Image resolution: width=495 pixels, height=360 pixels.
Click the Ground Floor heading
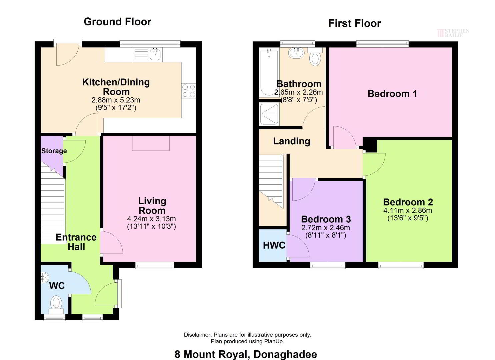(x=117, y=22)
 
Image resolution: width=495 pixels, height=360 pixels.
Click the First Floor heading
(x=354, y=23)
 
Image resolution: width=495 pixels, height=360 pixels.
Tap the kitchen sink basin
(x=156, y=54)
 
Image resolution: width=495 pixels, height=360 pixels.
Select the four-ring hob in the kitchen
(x=189, y=91)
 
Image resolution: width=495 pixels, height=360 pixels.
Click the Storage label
(x=54, y=151)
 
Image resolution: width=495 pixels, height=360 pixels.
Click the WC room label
(x=57, y=286)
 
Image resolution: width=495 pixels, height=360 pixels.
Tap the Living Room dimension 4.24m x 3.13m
(x=151, y=219)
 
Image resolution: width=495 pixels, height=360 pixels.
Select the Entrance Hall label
(x=76, y=242)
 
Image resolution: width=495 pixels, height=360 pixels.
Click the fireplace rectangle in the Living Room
(x=151, y=143)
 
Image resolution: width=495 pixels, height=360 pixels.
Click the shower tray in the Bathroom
(x=269, y=114)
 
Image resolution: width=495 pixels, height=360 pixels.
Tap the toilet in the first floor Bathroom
(x=315, y=57)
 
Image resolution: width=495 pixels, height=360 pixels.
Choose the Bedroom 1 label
(x=392, y=94)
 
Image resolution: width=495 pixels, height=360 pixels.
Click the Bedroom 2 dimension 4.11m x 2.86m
(x=407, y=210)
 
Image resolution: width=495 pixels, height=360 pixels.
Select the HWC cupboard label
(x=274, y=245)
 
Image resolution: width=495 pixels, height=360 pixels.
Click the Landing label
(x=292, y=141)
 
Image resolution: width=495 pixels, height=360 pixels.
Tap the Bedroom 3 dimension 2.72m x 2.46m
(x=326, y=228)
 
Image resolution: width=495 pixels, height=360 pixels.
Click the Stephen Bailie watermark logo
(x=453, y=33)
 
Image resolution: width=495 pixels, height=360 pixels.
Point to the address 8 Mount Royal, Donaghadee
(x=246, y=354)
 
